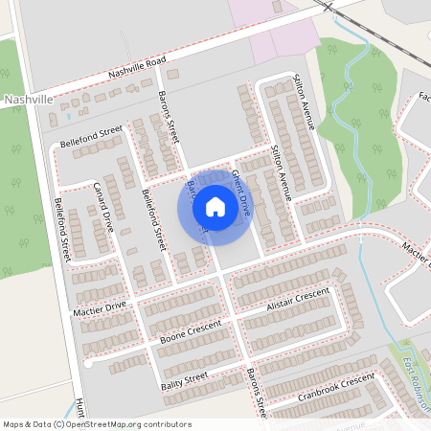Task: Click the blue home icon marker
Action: pyautogui.click(x=215, y=207)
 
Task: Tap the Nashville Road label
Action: pyautogui.click(x=138, y=66)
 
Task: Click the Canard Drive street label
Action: pyautogui.click(x=103, y=206)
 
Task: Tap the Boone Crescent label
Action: pyautogui.click(x=190, y=332)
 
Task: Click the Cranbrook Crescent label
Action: pyautogui.click(x=334, y=384)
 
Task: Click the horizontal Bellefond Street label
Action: pyautogui.click(x=92, y=135)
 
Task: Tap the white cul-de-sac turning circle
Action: pyautogui.click(x=87, y=364)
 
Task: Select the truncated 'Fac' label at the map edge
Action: pyautogui.click(x=424, y=97)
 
